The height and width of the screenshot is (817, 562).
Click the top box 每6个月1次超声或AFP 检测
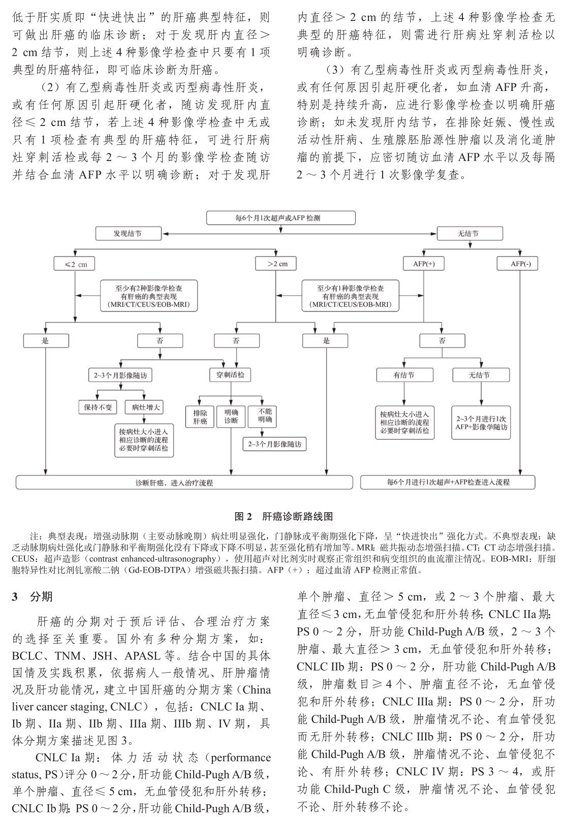[280, 218]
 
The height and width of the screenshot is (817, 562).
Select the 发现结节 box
[128, 234]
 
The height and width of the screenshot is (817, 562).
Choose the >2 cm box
[277, 264]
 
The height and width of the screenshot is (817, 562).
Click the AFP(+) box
[423, 264]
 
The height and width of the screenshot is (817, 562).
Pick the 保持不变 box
[98, 407]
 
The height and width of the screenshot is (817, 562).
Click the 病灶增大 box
[145, 407]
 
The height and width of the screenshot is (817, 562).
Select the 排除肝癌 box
[200, 416]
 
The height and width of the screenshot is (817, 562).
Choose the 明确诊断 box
[231, 416]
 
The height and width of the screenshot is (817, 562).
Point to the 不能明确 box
[264, 415]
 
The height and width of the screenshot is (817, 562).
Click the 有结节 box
[404, 375]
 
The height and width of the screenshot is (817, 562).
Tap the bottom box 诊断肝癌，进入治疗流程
[184, 482]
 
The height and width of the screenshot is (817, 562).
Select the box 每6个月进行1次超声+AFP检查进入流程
[448, 482]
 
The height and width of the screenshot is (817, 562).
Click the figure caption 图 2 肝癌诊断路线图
[284, 517]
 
